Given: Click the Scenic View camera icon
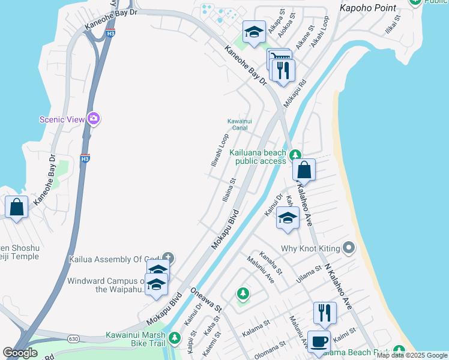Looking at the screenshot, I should (x=93, y=118).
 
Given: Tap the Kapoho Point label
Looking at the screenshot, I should (x=368, y=8).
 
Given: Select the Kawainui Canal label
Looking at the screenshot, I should (x=240, y=124).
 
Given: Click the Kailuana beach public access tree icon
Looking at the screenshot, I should (x=295, y=155).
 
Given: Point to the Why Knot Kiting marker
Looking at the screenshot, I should (x=349, y=248).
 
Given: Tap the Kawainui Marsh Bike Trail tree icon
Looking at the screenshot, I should (x=175, y=338).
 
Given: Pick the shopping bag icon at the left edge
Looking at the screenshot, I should (x=16, y=207).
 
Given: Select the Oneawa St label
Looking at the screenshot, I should (x=206, y=300).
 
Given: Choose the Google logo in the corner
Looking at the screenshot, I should (x=20, y=353).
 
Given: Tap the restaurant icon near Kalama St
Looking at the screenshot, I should (x=324, y=312).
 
